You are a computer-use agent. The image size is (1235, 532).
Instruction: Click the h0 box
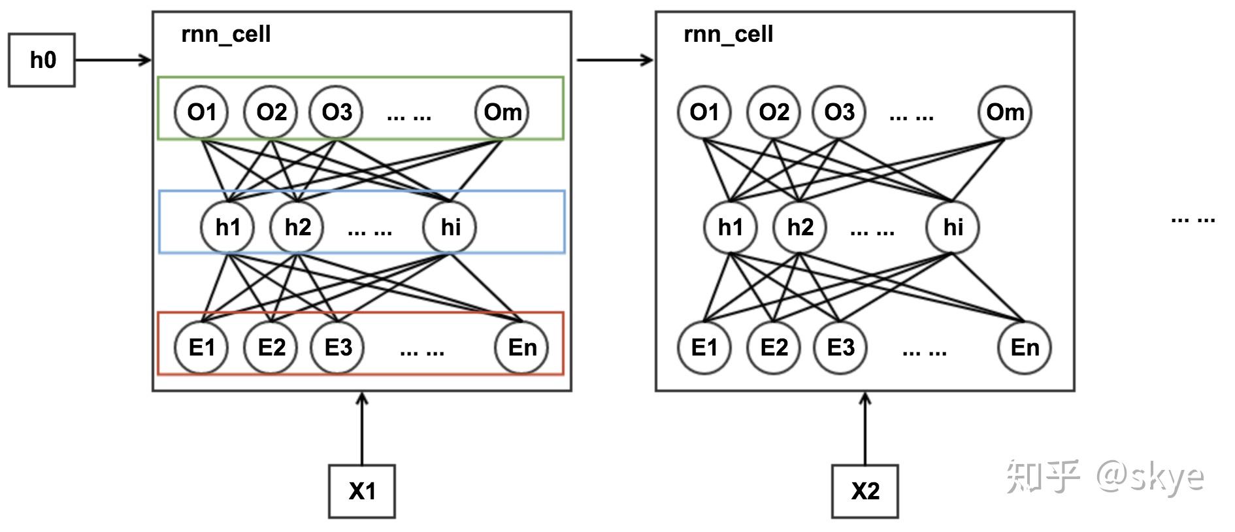pyautogui.click(x=42, y=60)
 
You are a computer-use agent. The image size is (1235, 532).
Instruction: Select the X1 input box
pyautogui.click(x=362, y=491)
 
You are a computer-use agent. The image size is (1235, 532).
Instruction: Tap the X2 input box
pyautogui.click(x=865, y=491)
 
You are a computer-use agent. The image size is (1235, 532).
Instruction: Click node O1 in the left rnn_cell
pyautogui.click(x=201, y=112)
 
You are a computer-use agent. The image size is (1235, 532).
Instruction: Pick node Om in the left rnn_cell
pyautogui.click(x=502, y=112)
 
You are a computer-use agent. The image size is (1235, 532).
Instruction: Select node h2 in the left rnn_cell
pyautogui.click(x=297, y=227)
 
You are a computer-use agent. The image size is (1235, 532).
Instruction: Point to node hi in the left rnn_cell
pyautogui.click(x=450, y=227)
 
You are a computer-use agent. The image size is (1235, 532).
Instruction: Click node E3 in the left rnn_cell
pyautogui.click(x=337, y=347)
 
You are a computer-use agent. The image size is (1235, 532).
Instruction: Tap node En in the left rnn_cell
pyautogui.click(x=521, y=347)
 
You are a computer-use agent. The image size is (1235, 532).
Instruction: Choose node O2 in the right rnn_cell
pyautogui.click(x=774, y=112)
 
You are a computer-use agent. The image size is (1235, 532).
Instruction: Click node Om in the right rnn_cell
pyautogui.click(x=1005, y=112)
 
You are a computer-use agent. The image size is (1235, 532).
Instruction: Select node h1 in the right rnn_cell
pyautogui.click(x=731, y=227)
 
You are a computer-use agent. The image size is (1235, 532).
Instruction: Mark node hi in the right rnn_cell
pyautogui.click(x=953, y=227)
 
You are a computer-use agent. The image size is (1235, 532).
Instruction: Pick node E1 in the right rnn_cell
pyautogui.click(x=704, y=347)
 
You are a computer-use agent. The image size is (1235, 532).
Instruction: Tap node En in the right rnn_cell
pyautogui.click(x=1025, y=347)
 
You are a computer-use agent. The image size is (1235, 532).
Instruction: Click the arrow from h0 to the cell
pyautogui.click(x=113, y=60)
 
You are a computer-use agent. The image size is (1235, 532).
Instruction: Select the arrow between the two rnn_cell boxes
pyautogui.click(x=614, y=60)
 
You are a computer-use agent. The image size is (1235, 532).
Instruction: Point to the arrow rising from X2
pyautogui.click(x=865, y=428)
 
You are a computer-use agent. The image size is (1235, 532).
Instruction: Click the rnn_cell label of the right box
pyautogui.click(x=728, y=34)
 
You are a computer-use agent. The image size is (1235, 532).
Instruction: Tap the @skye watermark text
pyautogui.click(x=1150, y=476)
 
